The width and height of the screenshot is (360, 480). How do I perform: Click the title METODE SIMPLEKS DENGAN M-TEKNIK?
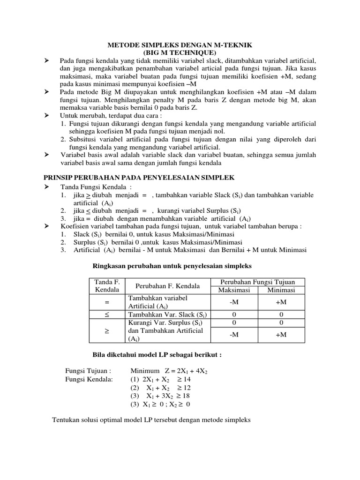(x=180, y=45)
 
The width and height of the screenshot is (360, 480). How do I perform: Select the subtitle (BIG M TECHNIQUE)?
(x=180, y=52)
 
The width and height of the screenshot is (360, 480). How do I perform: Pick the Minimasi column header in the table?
(x=281, y=290)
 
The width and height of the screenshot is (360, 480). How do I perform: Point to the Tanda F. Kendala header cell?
(x=107, y=285)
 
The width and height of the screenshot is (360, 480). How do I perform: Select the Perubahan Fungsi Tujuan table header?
(x=258, y=282)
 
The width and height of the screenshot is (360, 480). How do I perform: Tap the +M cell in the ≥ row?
(x=281, y=335)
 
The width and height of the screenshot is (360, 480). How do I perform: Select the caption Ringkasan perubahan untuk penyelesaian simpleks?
(x=171, y=266)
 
